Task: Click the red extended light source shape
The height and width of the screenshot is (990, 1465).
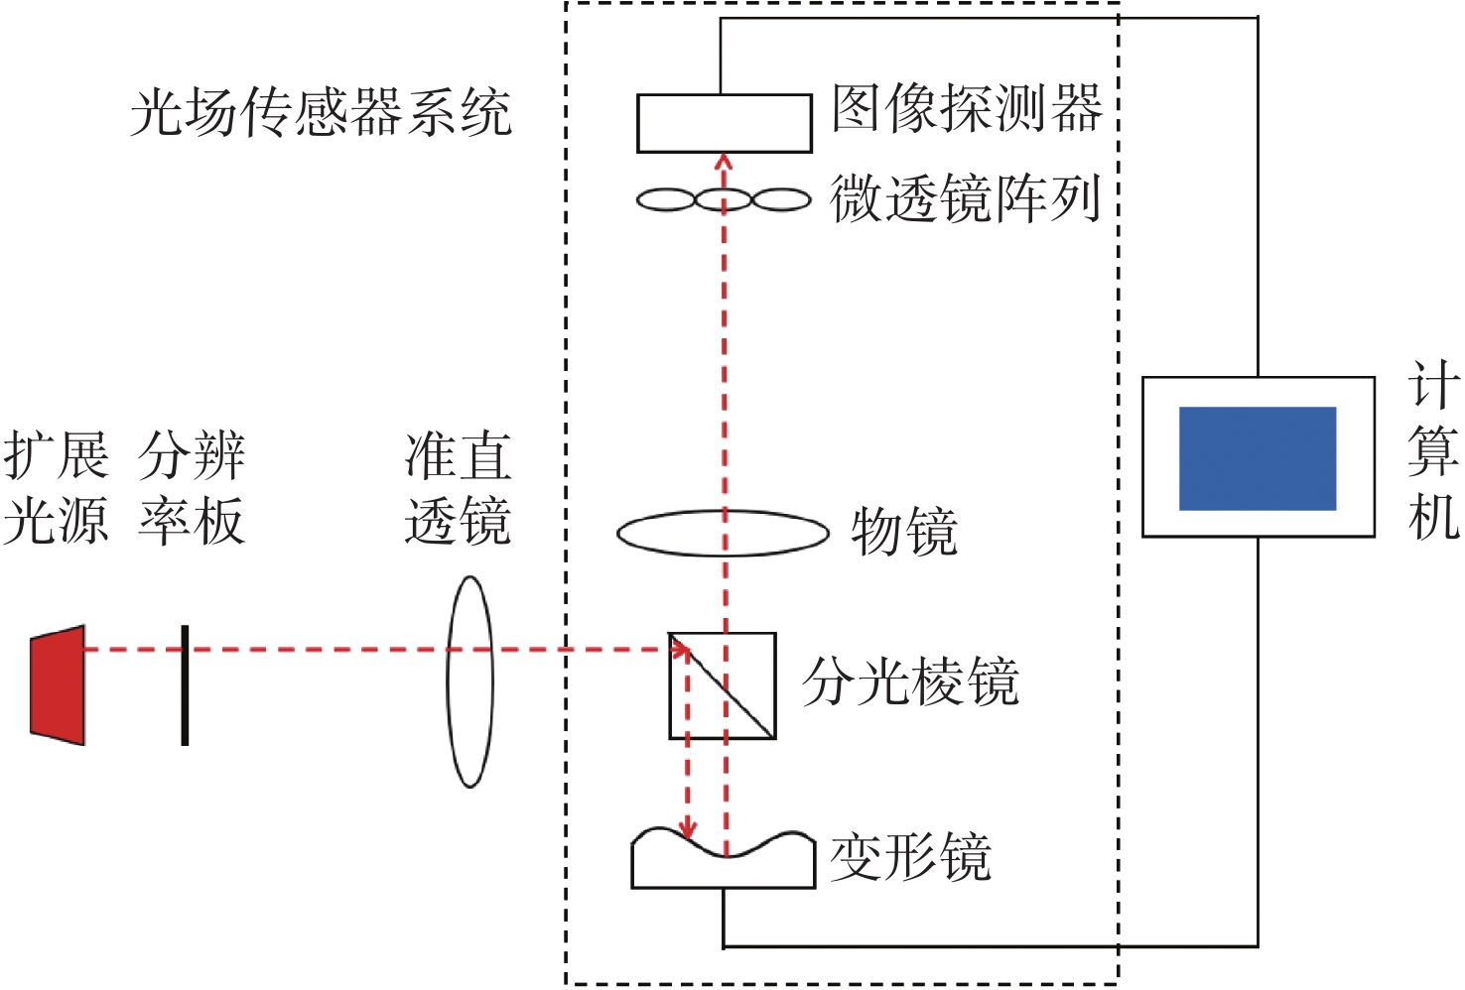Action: click(59, 684)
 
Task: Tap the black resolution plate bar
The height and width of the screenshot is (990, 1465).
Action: click(185, 684)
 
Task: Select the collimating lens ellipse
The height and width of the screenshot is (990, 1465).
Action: click(469, 682)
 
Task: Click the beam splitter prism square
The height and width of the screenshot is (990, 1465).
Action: click(723, 685)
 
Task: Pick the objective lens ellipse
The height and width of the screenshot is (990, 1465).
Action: click(723, 534)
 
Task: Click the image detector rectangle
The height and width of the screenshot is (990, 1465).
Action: click(725, 123)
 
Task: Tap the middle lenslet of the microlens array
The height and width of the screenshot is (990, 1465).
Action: click(724, 200)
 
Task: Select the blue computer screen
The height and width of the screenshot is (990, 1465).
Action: click(1257, 458)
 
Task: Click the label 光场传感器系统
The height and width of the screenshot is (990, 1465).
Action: click(321, 111)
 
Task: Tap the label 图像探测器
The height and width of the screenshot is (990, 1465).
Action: click(967, 108)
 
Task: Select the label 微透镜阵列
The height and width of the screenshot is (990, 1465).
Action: click(966, 198)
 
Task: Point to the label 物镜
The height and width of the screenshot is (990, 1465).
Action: click(904, 533)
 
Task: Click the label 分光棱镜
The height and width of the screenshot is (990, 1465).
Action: click(910, 682)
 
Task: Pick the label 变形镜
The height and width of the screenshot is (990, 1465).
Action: click(910, 857)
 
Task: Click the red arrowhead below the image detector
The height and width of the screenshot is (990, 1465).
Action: click(724, 162)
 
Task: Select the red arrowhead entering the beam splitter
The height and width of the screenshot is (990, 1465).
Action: click(680, 650)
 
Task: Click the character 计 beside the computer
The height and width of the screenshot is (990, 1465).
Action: click(1433, 385)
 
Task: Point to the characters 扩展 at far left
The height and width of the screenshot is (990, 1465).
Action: click(56, 455)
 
